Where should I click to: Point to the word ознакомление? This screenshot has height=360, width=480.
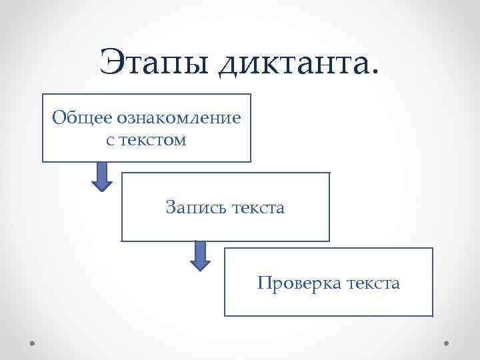pyautogui.click(x=179, y=119)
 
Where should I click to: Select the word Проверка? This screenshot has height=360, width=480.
pyautogui.click(x=297, y=283)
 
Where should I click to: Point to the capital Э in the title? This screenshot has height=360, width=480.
pyautogui.click(x=111, y=63)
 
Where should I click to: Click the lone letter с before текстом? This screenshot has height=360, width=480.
pyautogui.click(x=109, y=141)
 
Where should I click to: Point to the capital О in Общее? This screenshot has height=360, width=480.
pyautogui.click(x=59, y=119)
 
